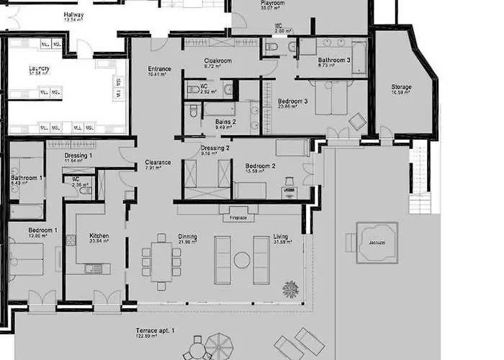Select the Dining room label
point(187,236)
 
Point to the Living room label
point(280,236)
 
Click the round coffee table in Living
point(241,260)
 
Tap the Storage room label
point(401,87)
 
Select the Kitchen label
point(99,235)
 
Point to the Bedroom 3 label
point(292,102)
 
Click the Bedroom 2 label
point(260,165)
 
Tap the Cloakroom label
point(217,61)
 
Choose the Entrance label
point(159,69)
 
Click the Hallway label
point(73,14)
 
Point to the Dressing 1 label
point(78,156)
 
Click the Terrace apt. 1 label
point(155,332)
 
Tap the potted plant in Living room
point(290,289)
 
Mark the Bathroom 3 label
point(334,60)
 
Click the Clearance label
point(158,162)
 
